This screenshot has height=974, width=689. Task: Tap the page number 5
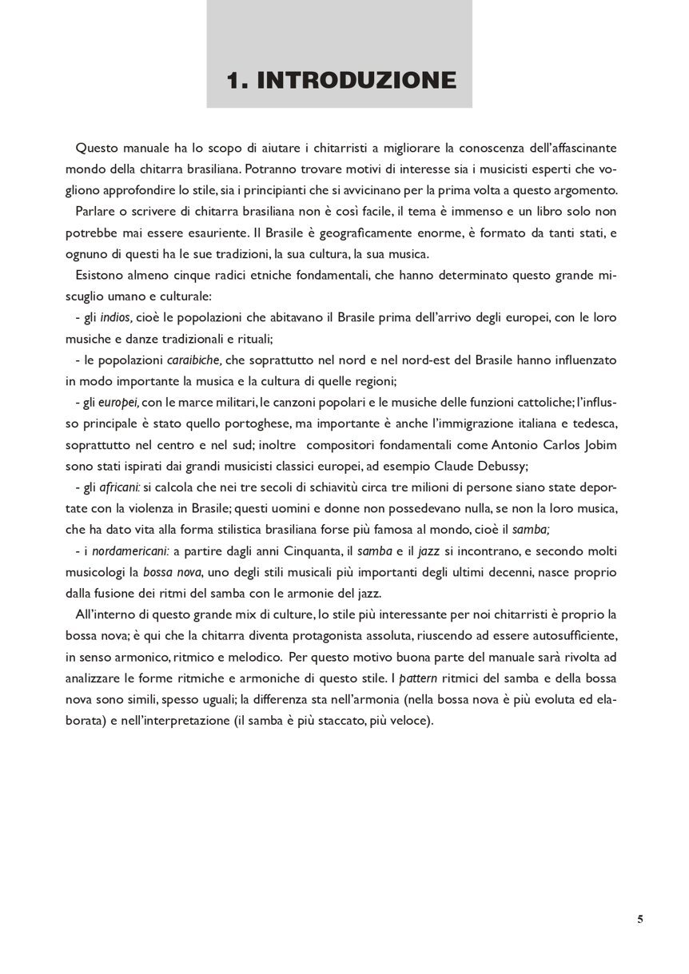pos(640,919)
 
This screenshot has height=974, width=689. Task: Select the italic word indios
pos(116,317)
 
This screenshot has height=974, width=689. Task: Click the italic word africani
pos(120,487)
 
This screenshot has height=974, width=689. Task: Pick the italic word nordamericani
pos(130,551)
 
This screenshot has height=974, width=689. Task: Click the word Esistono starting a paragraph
pos(100,275)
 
